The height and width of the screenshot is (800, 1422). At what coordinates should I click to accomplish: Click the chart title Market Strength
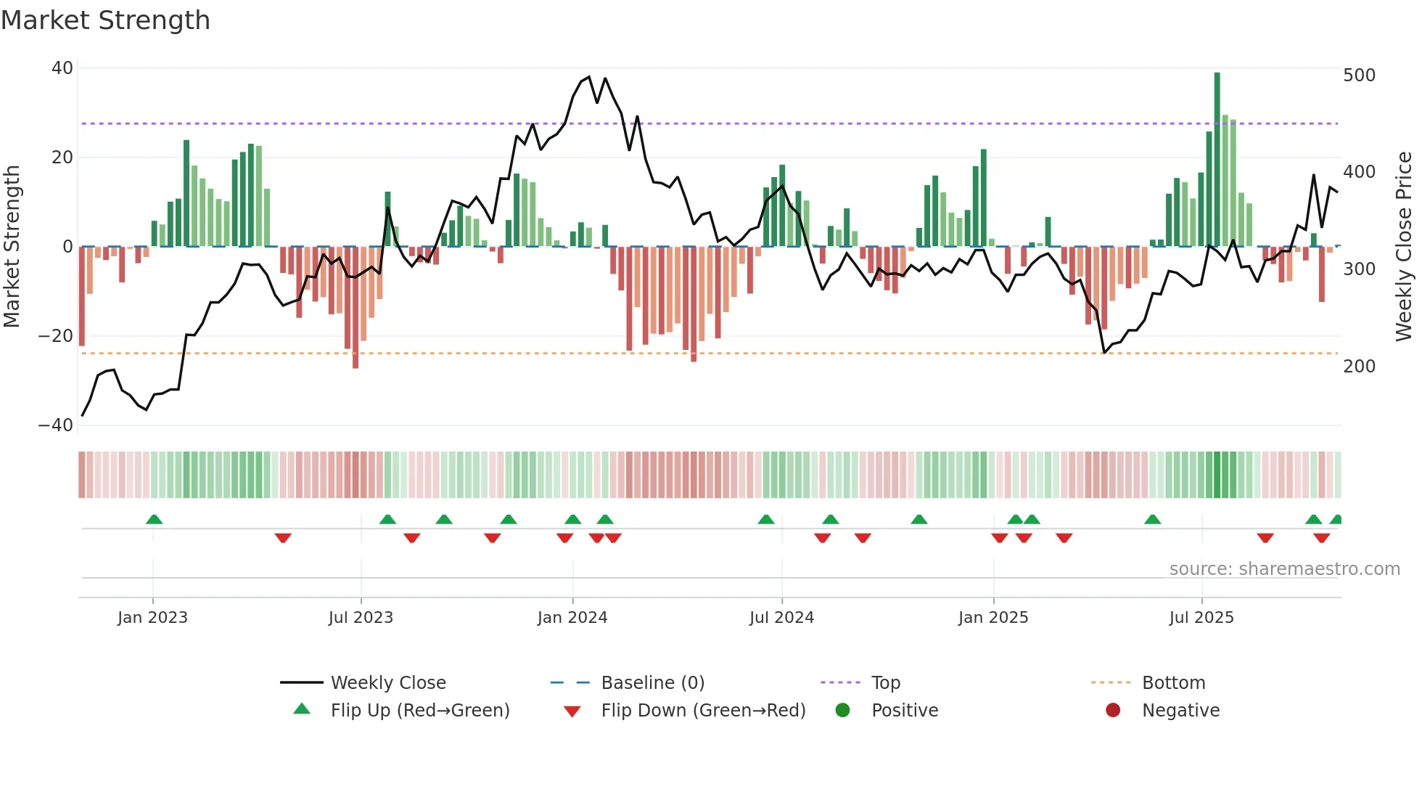[x=105, y=20]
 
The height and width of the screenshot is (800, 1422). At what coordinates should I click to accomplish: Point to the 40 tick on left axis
[x=62, y=68]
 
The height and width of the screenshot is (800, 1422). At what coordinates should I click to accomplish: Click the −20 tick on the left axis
[x=56, y=336]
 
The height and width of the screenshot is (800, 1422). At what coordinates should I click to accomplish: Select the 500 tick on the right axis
[x=1359, y=75]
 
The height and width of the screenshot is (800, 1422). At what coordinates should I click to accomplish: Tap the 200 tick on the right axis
[x=1359, y=367]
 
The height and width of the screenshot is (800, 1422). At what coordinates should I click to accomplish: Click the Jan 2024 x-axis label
[x=572, y=618]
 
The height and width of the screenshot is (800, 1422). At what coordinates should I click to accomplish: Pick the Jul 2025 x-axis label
[x=1201, y=618]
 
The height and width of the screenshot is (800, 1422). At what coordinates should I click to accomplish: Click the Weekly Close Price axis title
[x=1404, y=247]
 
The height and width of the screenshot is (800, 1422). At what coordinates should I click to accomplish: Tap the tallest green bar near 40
[x=1217, y=160]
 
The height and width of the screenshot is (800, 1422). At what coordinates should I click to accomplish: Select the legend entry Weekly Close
[x=388, y=683]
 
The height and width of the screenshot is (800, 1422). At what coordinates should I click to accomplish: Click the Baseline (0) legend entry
[x=652, y=683]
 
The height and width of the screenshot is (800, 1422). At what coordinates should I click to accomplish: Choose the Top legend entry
[x=885, y=683]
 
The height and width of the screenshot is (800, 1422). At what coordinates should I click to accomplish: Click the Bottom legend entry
[x=1173, y=683]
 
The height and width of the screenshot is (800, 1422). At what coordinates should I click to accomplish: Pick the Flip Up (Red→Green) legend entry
[x=419, y=711]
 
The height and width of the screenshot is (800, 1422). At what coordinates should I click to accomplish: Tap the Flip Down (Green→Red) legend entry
[x=702, y=711]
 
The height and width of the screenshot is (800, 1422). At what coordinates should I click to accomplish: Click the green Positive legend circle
[x=842, y=711]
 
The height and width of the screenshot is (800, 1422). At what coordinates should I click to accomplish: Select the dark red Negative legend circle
[x=1113, y=711]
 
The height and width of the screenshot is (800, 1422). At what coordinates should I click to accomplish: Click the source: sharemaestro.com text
[x=1284, y=569]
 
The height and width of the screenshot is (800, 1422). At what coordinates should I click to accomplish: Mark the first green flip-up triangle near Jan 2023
[x=154, y=519]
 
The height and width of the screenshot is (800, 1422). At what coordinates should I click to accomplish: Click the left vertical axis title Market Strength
[x=12, y=247]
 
